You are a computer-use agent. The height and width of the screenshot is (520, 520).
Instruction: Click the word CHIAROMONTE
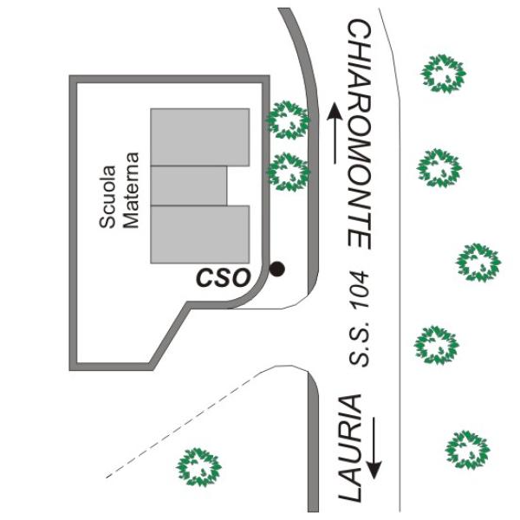(x=360, y=133)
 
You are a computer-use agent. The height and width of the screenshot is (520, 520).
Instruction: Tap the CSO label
(x=223, y=277)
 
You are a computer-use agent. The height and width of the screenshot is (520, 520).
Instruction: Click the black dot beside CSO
(x=276, y=269)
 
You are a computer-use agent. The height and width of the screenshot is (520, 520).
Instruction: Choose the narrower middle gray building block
(x=189, y=186)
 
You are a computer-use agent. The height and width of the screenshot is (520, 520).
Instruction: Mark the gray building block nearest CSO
(x=200, y=233)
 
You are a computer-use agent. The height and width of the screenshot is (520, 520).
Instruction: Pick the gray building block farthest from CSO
(x=200, y=137)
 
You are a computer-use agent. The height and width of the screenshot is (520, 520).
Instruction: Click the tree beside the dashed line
(x=198, y=466)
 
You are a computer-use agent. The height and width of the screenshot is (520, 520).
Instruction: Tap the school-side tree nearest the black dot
(x=288, y=171)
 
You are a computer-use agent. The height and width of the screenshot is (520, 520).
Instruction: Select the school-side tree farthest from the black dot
(x=288, y=120)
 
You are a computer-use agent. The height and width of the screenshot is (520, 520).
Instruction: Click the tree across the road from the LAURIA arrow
(x=467, y=449)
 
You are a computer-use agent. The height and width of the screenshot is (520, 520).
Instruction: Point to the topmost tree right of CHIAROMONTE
(x=443, y=73)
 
